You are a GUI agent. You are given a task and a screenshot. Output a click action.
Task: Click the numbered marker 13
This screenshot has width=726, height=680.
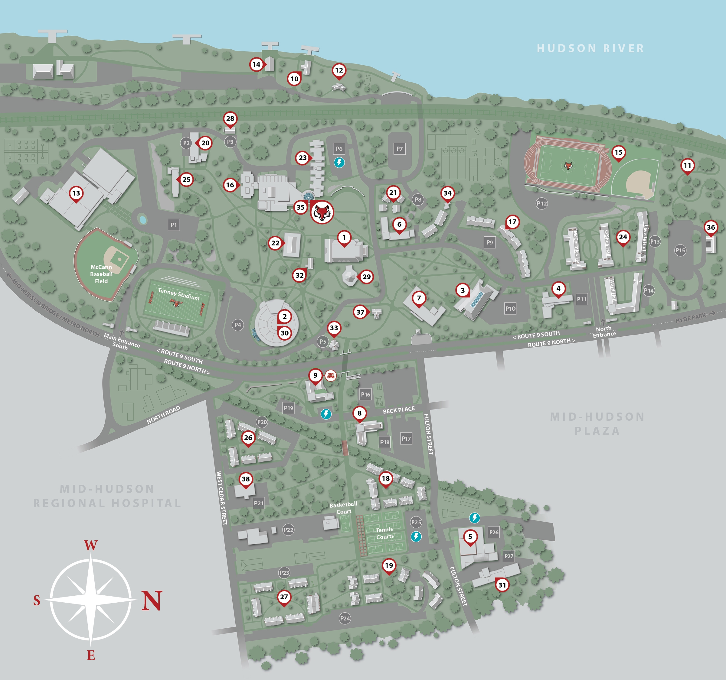76,193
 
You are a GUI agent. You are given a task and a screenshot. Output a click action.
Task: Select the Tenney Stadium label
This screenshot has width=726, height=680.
178,294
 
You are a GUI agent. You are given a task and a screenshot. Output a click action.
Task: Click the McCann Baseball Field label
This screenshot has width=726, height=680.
101,274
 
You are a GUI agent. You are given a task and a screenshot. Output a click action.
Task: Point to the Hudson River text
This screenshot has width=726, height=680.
590,48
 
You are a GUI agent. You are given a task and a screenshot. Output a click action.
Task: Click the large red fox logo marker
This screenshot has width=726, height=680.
322,212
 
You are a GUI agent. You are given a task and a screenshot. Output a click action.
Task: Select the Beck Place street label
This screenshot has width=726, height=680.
398,410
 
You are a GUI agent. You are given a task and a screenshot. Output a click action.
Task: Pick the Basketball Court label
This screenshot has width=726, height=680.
343,508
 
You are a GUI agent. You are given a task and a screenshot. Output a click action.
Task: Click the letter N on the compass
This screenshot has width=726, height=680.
152,601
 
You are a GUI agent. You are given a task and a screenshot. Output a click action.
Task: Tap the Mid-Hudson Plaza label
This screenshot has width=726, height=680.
597,423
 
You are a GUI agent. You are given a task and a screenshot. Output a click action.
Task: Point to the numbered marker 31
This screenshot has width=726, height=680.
502,585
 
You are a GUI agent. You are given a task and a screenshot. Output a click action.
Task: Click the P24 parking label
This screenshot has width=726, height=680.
345,618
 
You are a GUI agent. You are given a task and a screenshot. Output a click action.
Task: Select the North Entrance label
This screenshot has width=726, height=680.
604,331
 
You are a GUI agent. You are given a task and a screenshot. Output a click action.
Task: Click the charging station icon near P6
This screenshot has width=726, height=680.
339,162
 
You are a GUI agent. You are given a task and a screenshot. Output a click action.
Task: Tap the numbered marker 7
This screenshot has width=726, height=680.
419,298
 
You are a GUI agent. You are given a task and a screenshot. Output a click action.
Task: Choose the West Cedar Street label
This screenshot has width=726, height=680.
222,498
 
